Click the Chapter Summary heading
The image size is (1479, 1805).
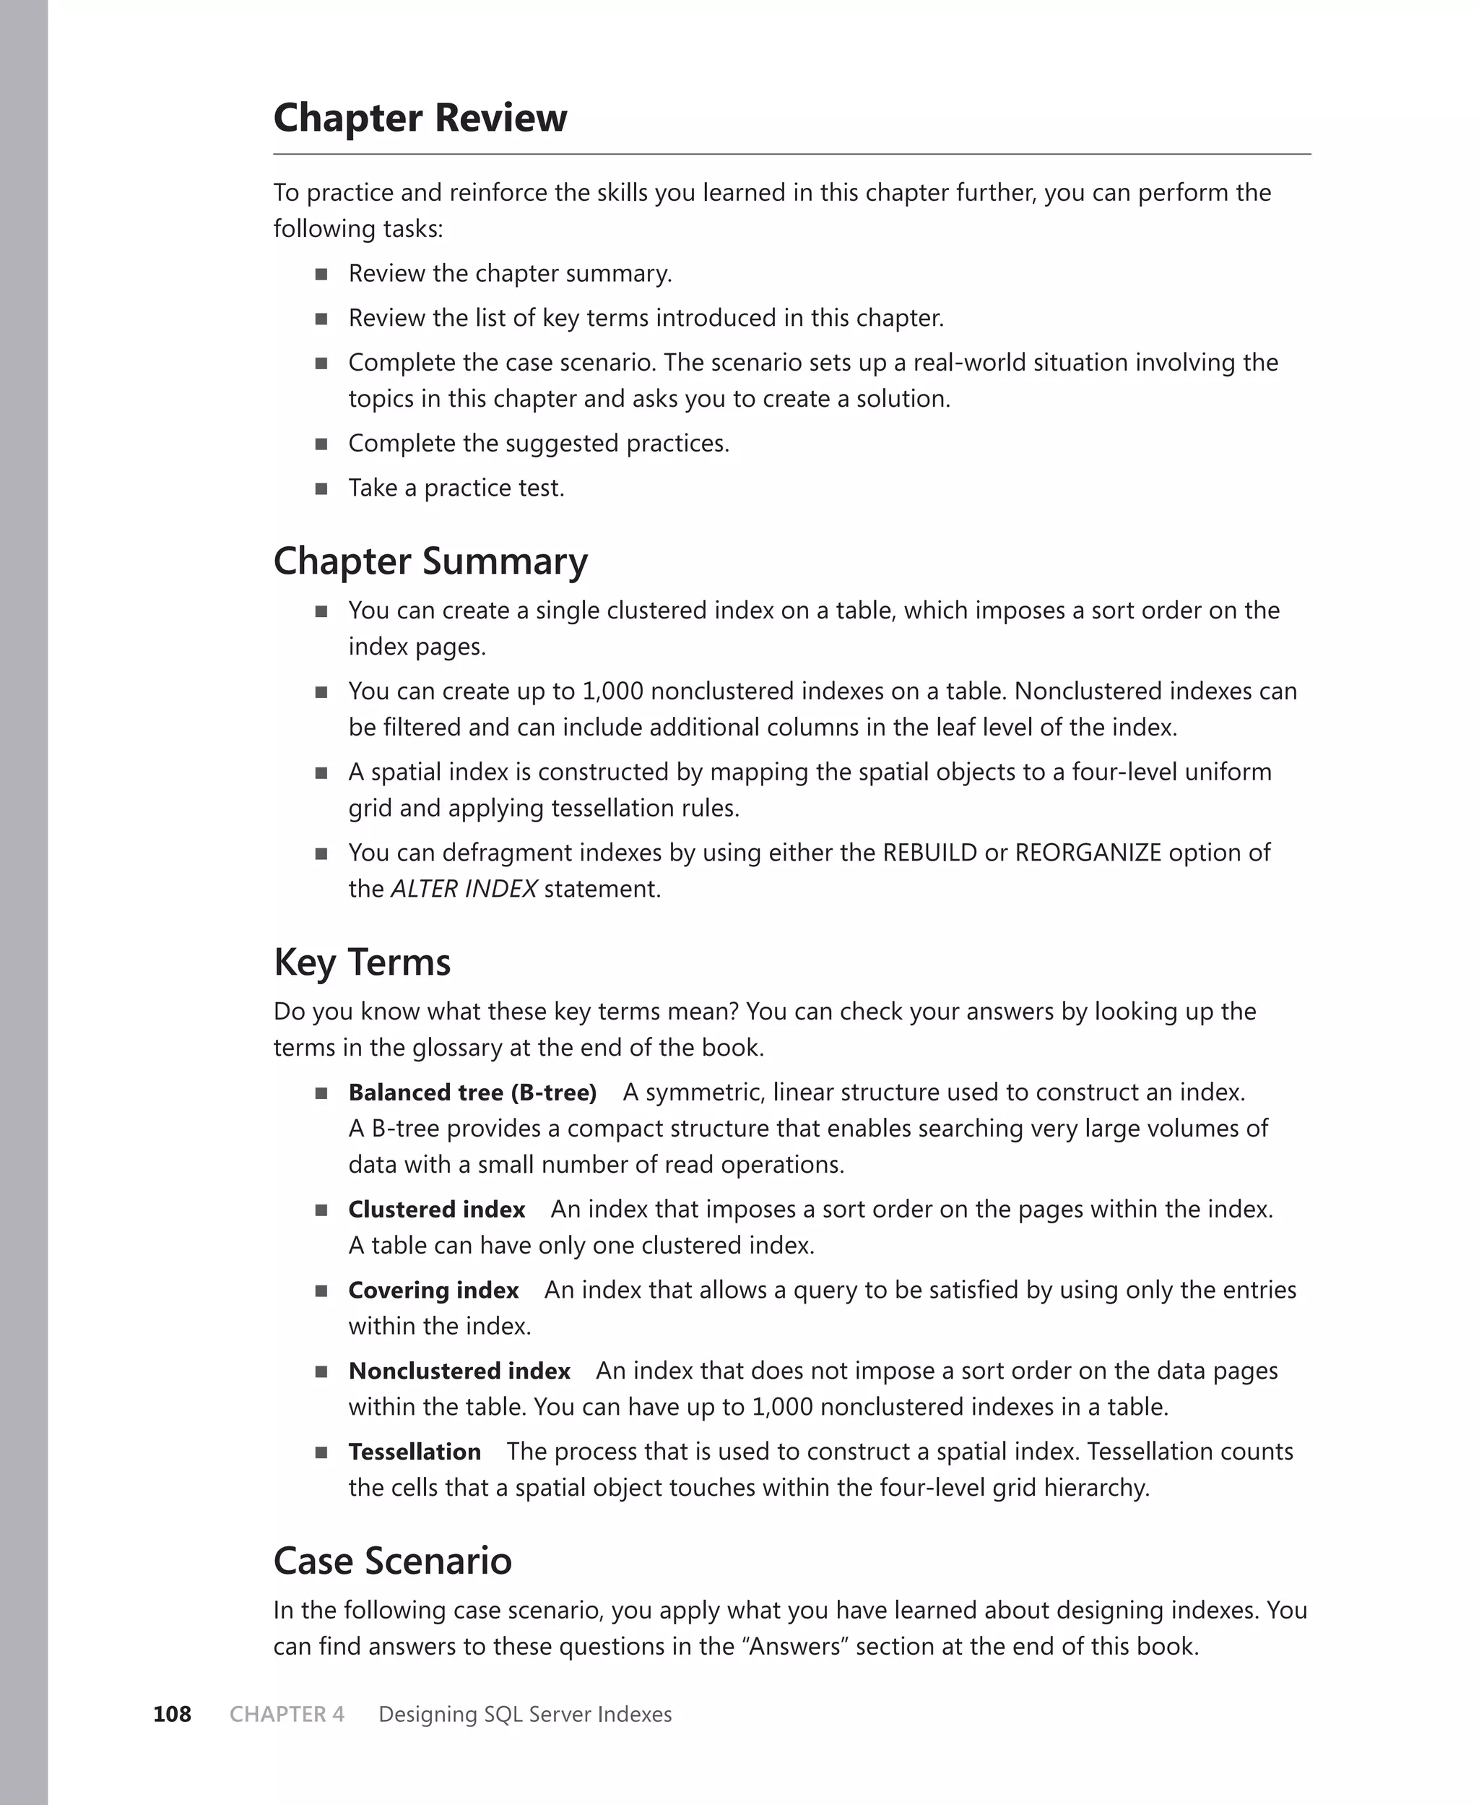click(430, 561)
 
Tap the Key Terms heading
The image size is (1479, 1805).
click(361, 963)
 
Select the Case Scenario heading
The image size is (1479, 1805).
click(392, 1561)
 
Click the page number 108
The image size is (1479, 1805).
click(172, 1714)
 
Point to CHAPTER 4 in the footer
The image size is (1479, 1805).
click(287, 1714)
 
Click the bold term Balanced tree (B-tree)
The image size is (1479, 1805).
click(472, 1093)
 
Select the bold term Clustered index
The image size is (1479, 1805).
click(436, 1210)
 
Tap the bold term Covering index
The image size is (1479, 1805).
click(433, 1291)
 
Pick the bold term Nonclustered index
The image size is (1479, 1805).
click(459, 1370)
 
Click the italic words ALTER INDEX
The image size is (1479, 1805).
click(464, 889)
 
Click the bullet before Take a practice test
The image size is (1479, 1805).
click(321, 488)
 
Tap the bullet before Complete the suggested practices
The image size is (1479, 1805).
click(321, 444)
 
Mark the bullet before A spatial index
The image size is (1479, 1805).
click(321, 773)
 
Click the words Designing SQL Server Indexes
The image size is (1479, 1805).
click(525, 1714)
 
